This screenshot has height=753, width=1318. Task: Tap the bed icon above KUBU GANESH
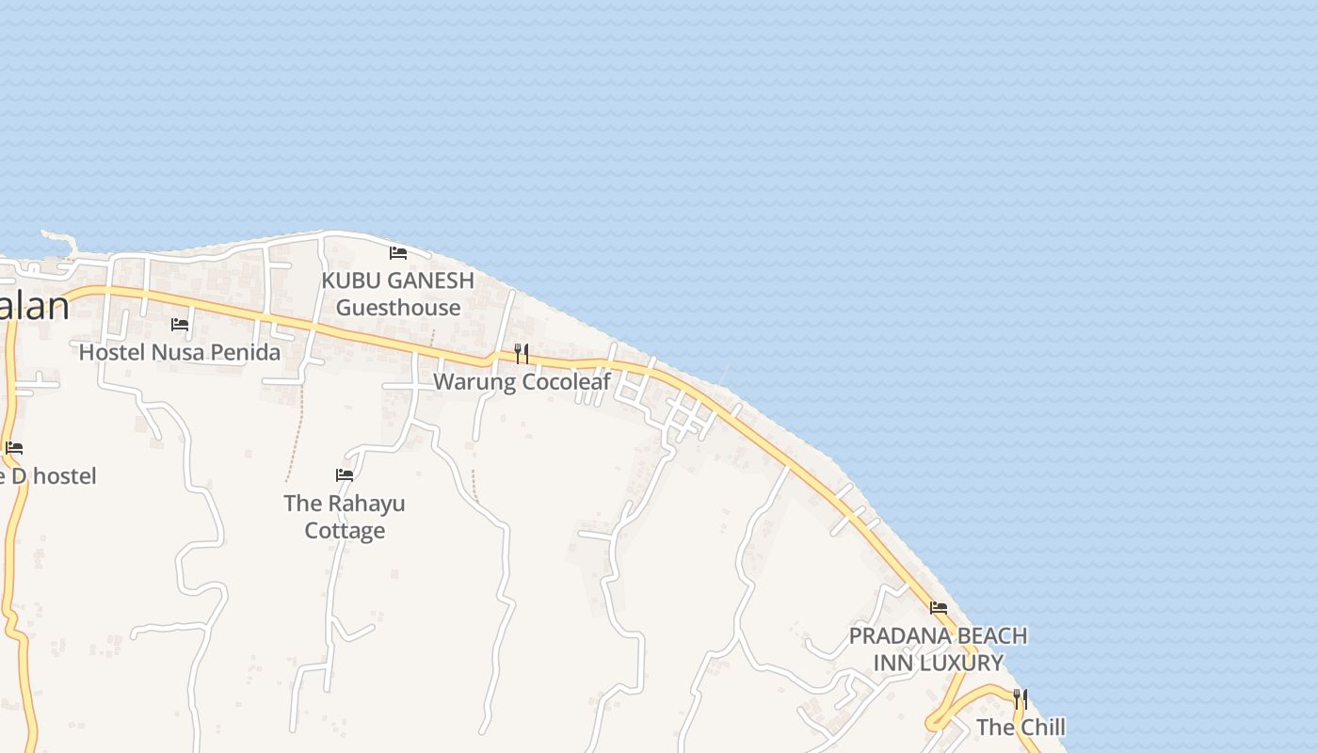tap(398, 252)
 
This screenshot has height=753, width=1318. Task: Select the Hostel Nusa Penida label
tap(180, 352)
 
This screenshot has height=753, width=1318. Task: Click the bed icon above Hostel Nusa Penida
tap(180, 325)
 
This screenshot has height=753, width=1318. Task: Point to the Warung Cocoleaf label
tap(522, 381)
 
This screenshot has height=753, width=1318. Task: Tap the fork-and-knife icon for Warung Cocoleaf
tap(521, 354)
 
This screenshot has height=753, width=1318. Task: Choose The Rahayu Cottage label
tap(345, 517)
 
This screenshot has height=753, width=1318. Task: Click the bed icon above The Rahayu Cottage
tap(345, 475)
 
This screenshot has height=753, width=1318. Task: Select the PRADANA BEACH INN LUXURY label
tap(938, 649)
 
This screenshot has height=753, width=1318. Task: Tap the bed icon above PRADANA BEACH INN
tap(939, 608)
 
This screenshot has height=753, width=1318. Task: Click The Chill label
tap(1021, 727)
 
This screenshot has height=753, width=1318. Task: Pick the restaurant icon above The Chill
tap(1020, 698)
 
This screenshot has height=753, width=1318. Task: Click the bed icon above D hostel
tap(13, 448)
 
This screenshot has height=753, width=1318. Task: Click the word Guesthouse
tap(398, 308)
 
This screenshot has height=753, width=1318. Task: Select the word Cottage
tap(345, 531)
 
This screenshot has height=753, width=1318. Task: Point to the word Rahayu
tap(364, 503)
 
